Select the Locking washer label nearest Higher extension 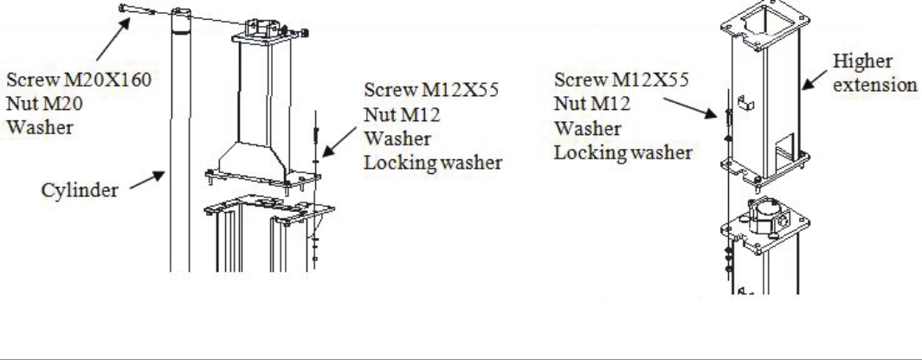click(622, 154)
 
